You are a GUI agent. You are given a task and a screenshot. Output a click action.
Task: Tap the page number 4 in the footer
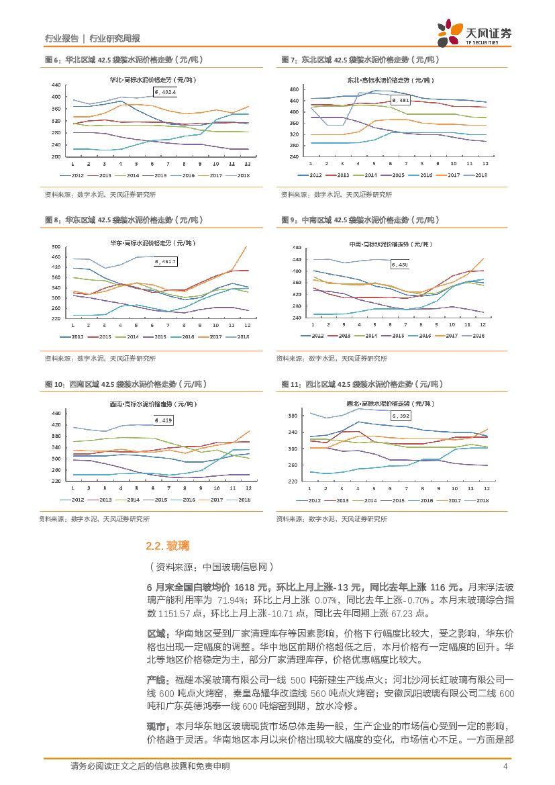coord(505,766)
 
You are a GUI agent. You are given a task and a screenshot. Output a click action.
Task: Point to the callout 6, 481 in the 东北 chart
coord(401,100)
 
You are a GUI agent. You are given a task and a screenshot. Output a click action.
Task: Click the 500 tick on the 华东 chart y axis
coord(56,247)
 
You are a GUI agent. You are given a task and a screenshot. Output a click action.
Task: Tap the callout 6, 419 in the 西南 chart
coord(164,420)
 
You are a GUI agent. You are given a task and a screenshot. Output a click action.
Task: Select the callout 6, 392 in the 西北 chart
coord(401,416)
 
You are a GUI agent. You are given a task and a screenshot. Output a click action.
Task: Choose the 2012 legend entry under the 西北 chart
coord(309,500)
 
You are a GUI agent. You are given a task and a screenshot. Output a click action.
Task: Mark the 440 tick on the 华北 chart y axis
coord(56,85)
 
